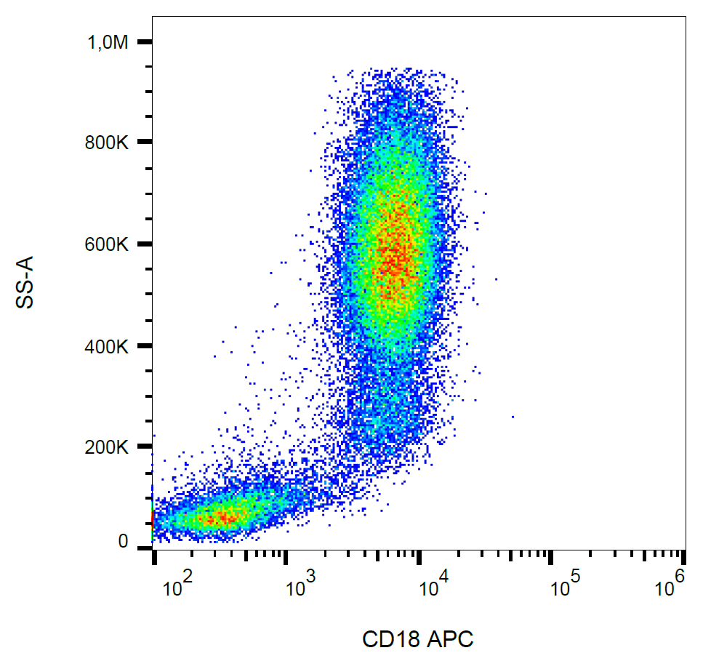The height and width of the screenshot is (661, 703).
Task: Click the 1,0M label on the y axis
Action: coord(108,44)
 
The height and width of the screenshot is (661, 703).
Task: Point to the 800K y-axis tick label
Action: coord(108,143)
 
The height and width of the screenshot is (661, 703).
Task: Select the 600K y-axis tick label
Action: coord(108,244)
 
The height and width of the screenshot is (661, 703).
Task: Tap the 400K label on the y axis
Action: coord(108,346)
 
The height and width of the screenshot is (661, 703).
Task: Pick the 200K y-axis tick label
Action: coord(108,446)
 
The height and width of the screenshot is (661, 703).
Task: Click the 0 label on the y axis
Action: coord(123,542)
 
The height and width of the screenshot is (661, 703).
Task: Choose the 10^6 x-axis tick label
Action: coord(671,584)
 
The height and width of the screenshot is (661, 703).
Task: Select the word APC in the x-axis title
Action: coord(450,640)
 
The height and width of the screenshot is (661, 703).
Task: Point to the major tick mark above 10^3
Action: coord(286,558)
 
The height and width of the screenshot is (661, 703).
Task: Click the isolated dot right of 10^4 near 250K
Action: coord(513,417)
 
